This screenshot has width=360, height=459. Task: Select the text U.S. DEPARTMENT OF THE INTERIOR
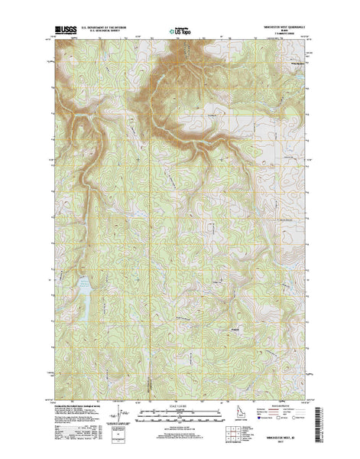pos(106,29)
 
